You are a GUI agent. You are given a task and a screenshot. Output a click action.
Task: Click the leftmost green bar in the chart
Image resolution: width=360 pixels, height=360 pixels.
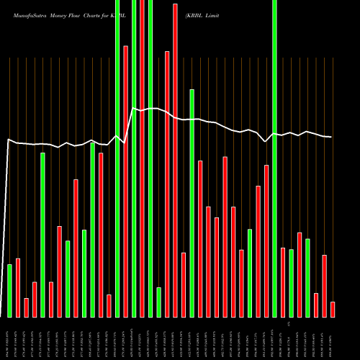click(9, 291)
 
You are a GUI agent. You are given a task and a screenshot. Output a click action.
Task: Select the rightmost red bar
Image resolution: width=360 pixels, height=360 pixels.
click(333, 310)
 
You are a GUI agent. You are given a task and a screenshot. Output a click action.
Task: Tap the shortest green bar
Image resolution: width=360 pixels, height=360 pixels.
click(158, 302)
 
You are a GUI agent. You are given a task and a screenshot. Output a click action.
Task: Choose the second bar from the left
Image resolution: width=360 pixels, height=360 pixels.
click(18, 288)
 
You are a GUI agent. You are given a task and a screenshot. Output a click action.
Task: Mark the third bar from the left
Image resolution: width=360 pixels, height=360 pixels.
click(26, 307)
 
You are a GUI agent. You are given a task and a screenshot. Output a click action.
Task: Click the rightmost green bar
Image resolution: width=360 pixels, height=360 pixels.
click(307, 278)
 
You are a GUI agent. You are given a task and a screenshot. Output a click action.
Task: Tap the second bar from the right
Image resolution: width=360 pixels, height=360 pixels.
click(324, 286)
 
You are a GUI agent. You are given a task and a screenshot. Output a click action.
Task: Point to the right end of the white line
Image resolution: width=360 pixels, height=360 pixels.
click(331, 137)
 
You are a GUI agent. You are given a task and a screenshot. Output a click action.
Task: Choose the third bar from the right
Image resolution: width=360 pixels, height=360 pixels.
click(316, 305)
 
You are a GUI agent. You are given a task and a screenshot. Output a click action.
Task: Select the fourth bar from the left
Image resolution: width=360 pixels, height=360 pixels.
click(35, 300)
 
